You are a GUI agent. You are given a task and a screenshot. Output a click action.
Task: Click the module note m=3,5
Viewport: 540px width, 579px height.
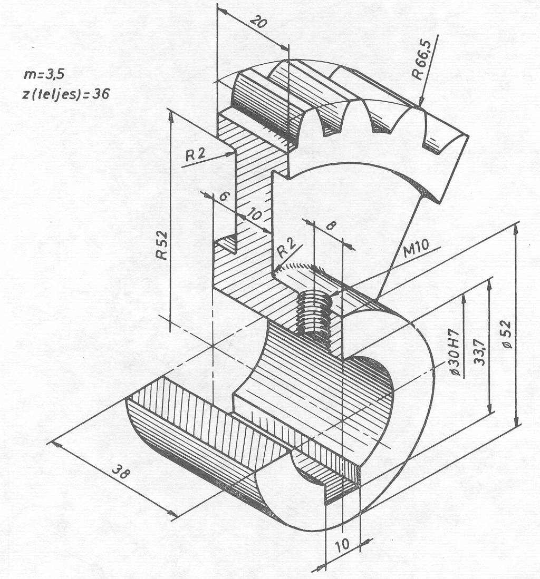(44, 75)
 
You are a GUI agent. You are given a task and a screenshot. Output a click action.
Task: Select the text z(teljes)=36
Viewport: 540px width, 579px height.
(66, 94)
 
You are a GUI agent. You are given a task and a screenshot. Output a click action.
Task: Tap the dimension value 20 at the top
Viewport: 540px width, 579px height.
(258, 22)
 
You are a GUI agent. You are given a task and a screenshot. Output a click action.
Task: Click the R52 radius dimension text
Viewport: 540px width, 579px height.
(161, 244)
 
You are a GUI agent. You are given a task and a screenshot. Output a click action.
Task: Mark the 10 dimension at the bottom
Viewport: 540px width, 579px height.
(343, 544)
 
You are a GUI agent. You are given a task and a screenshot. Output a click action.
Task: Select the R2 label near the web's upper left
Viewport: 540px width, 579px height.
(195, 154)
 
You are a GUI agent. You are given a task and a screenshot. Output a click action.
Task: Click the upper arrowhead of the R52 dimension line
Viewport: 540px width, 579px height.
(171, 116)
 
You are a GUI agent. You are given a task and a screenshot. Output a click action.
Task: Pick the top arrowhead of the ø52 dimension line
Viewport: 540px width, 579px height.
(516, 230)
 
